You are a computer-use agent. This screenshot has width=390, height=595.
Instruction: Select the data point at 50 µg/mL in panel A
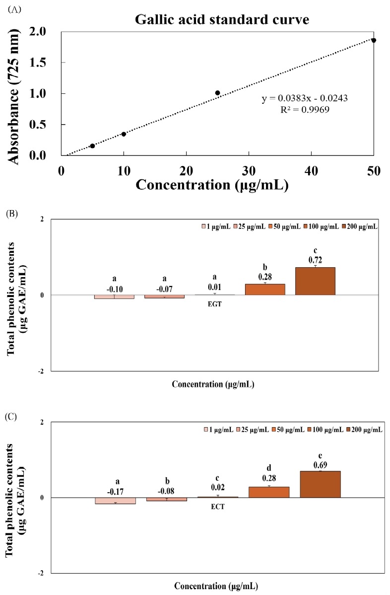[x=374, y=40]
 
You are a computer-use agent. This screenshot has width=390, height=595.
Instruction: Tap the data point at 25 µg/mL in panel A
[x=217, y=93]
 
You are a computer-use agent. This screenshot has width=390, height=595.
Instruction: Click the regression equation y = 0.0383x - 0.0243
[x=304, y=98]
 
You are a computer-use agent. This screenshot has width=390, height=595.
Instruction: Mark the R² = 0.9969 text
[x=304, y=109]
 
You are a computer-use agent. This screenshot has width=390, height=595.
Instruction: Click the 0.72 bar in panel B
[x=315, y=281]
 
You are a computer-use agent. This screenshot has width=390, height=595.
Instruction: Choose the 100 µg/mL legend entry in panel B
[x=311, y=226]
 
